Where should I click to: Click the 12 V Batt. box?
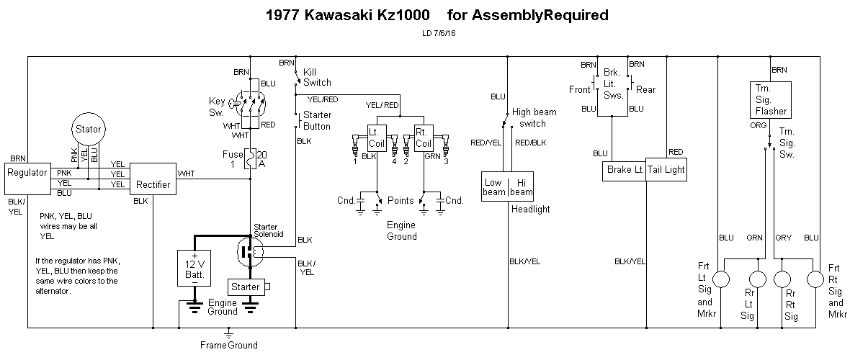(x=194, y=268)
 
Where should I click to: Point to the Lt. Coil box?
(x=377, y=138)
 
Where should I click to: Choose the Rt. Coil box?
(x=424, y=138)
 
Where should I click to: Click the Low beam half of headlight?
(x=493, y=187)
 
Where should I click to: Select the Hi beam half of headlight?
(x=522, y=187)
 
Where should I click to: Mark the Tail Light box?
(x=666, y=171)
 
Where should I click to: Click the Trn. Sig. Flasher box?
(x=770, y=100)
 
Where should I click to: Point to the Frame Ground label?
(x=228, y=345)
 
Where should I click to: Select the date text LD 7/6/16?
(x=439, y=32)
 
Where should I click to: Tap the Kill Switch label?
(x=317, y=77)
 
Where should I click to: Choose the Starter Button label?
(x=317, y=120)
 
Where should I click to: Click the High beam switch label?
(x=534, y=117)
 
